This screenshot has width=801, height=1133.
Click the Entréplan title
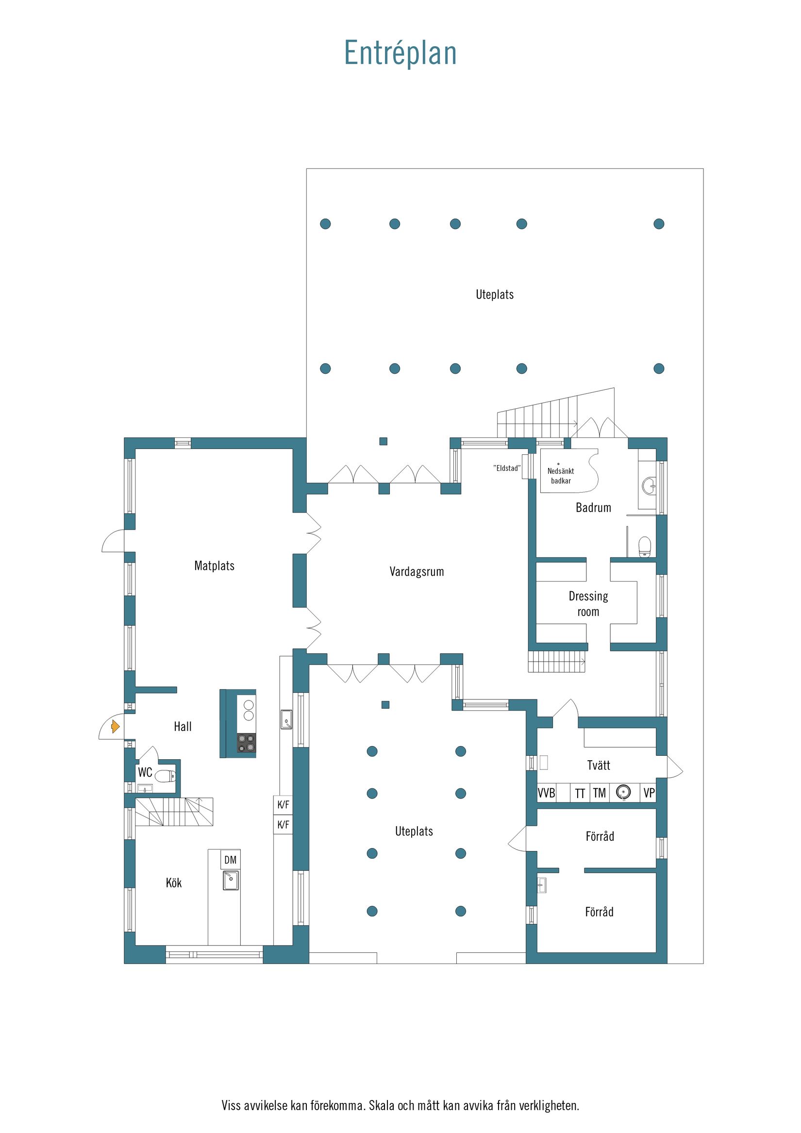point(400,53)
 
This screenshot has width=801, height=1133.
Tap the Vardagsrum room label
point(417,572)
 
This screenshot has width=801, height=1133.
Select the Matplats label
point(214,566)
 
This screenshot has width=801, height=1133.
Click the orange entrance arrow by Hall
point(115,726)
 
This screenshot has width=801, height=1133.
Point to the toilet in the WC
point(166,776)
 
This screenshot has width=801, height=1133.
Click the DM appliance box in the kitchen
point(231,860)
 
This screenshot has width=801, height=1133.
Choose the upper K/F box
point(284,805)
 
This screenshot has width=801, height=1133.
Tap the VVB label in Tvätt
point(546,793)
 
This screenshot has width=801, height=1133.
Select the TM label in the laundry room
point(599,793)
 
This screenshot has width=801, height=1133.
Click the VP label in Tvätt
point(649,793)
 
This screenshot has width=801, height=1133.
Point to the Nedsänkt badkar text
point(561,476)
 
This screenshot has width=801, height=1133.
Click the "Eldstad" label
point(507,468)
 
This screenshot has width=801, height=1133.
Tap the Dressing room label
point(588,604)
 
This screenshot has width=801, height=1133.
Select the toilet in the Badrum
point(645,547)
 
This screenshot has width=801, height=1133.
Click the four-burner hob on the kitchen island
point(246,744)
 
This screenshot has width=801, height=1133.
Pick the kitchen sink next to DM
point(231,881)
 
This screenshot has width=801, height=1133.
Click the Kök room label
point(174,883)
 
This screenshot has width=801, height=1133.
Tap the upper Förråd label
point(600,836)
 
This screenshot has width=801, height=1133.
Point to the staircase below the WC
point(174,812)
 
